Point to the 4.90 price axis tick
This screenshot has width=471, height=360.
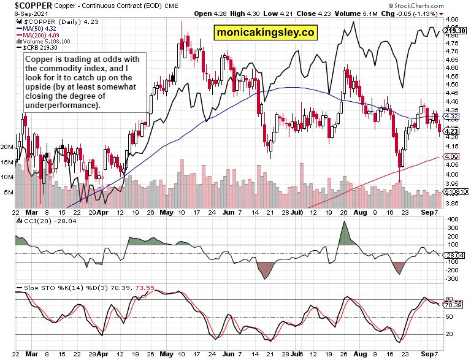tap(450, 20)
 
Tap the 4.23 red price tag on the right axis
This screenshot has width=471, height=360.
tap(451, 131)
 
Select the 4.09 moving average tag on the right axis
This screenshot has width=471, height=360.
tap(451, 157)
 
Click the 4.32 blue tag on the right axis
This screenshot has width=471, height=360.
tap(451, 115)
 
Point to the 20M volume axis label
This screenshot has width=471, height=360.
tap(8, 147)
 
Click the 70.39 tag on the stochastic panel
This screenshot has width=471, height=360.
tap(453, 305)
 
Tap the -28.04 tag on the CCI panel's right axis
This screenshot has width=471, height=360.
tap(454, 255)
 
